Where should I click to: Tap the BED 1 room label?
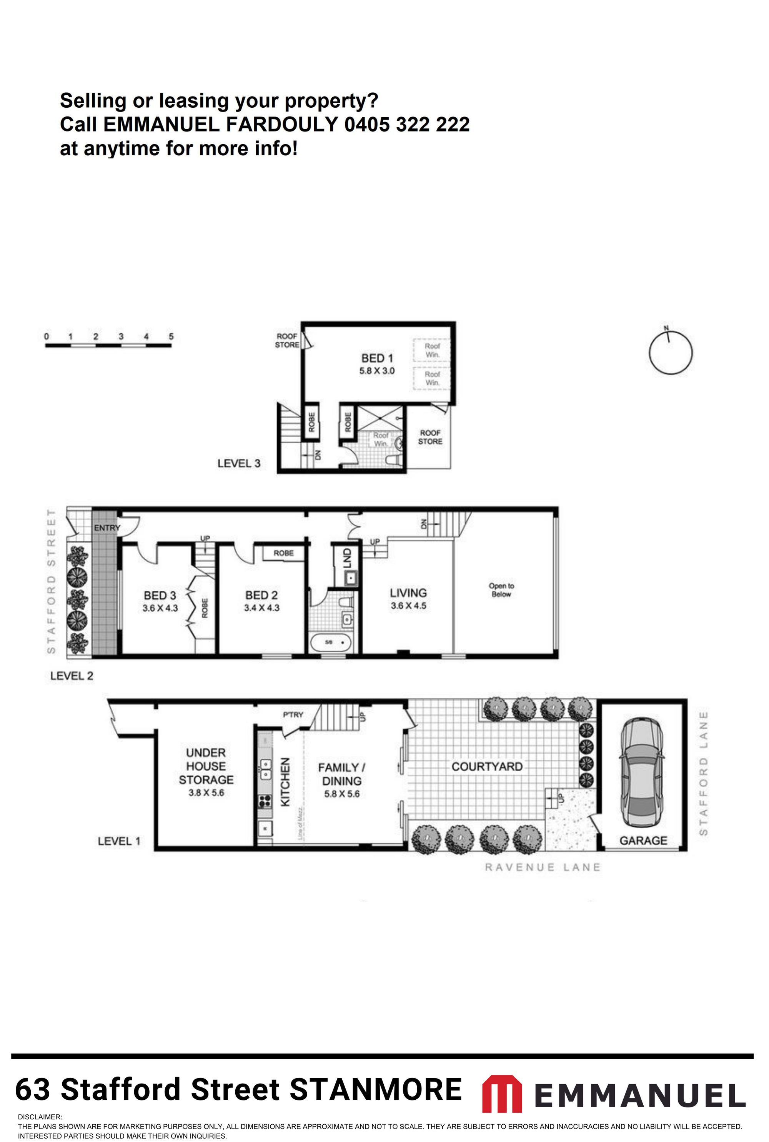point(377,358)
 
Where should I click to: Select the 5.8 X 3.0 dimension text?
point(377,371)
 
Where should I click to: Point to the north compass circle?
point(671,353)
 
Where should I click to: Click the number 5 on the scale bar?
point(171,336)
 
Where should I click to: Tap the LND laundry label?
point(347,558)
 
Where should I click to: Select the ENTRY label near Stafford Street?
point(107,528)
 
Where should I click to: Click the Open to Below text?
point(501,590)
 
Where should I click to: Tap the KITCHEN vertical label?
point(285,782)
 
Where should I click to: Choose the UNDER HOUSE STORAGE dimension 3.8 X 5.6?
point(206,792)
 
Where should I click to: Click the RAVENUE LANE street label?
point(543,867)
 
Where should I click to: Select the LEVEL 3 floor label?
point(239,463)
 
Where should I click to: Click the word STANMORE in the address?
point(376,1090)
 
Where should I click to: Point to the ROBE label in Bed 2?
point(283,553)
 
